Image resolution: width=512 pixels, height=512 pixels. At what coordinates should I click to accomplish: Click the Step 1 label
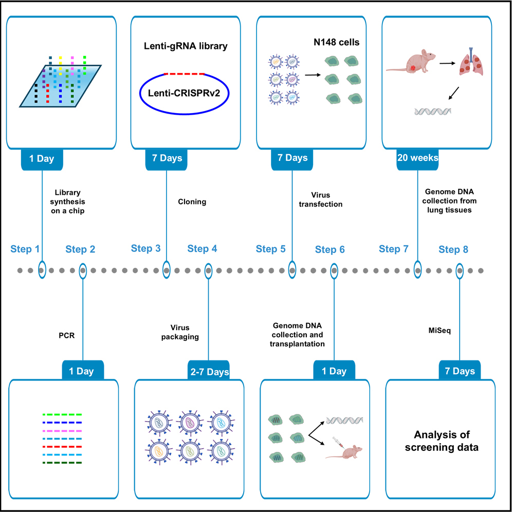coord(25,250)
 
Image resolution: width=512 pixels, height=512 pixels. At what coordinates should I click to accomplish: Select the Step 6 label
coord(330,250)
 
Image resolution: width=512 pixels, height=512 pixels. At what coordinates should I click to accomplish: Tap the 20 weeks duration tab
coord(417,158)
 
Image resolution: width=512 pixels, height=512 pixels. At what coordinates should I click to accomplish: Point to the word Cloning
coord(192,202)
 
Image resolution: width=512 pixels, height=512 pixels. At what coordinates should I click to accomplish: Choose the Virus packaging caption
coord(185,332)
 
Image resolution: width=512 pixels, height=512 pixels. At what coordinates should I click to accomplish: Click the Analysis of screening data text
coord(442,441)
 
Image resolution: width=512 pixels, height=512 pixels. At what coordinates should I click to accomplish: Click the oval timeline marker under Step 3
coord(167,269)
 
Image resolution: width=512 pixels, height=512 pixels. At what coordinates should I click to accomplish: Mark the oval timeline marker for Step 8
coord(460,269)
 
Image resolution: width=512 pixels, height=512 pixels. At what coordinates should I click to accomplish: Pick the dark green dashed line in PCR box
coord(62,463)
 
